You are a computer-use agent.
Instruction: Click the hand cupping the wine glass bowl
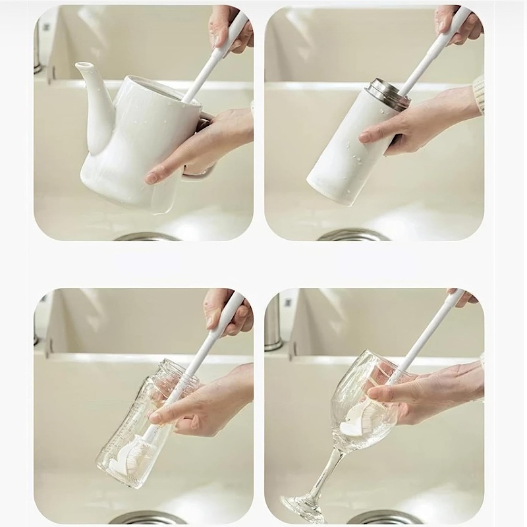[428, 392]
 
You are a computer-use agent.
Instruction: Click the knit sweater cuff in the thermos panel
[479, 92]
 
